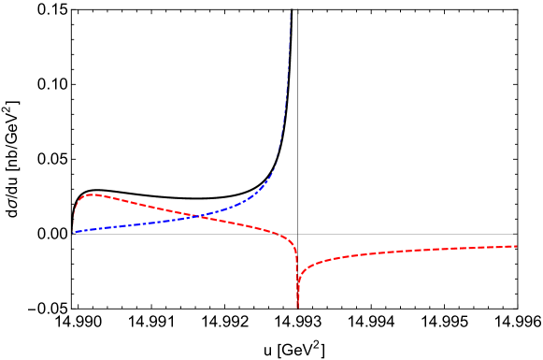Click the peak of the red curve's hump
point(91,194)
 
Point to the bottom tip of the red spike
point(298,308)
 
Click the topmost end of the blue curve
point(290,11)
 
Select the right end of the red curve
point(516,246)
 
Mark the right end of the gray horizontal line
point(516,235)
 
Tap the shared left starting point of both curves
point(72,233)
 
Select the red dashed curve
point(140,204)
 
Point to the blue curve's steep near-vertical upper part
point(287,75)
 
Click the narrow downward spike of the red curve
point(297,281)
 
